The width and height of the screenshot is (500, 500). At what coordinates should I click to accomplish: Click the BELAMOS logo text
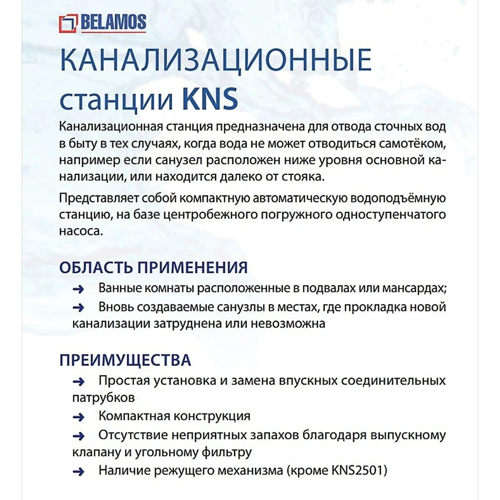[113, 22]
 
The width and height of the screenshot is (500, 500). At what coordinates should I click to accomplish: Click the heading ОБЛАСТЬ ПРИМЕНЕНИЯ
[153, 267]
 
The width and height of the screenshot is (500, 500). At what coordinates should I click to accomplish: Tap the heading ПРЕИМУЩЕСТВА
[125, 360]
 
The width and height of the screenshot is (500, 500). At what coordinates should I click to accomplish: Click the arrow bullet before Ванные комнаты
[78, 289]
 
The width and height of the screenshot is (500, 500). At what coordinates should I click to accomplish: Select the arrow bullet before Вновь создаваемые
[78, 308]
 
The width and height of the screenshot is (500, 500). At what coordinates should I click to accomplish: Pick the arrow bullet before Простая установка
[78, 381]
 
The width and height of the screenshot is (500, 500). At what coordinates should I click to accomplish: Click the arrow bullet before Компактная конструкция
[78, 417]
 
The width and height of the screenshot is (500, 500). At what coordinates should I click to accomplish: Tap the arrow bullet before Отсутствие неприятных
[78, 436]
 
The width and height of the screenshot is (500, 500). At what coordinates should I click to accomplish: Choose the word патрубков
[103, 397]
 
